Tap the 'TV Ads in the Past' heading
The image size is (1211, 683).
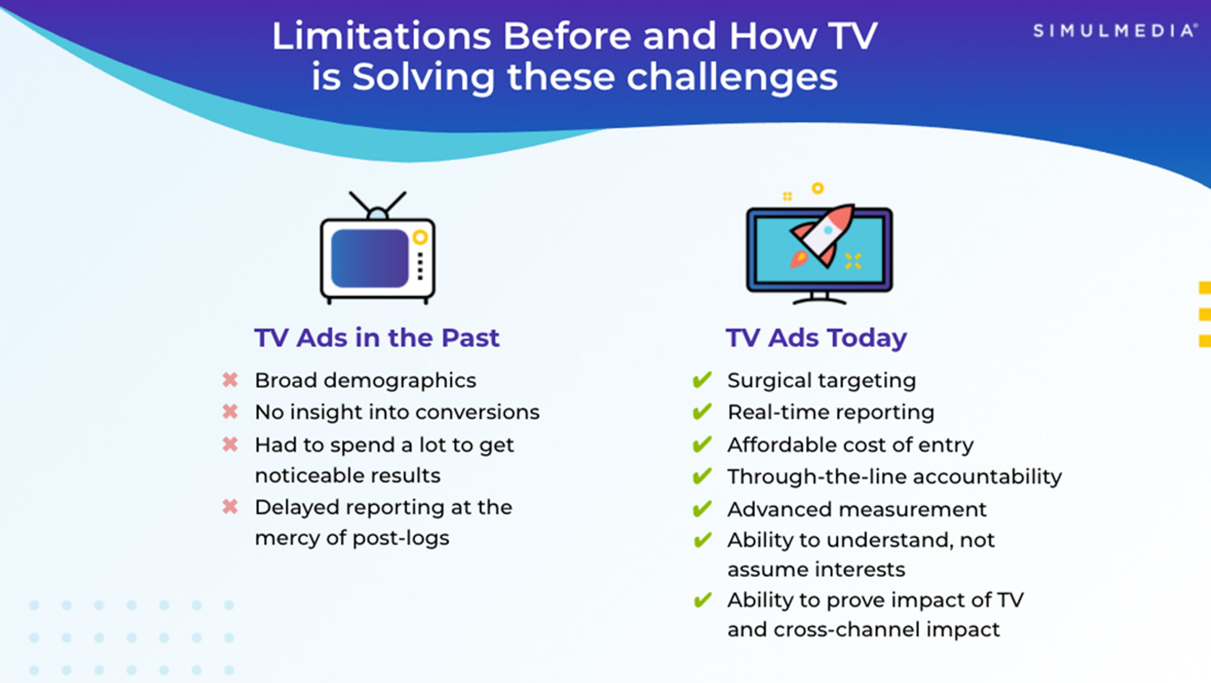pos(377,338)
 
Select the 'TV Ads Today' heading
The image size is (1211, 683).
pos(816,338)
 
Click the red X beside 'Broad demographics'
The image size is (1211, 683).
pos(230,380)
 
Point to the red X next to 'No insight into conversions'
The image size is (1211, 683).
pos(230,412)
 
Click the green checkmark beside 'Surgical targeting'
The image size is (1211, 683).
pos(702,380)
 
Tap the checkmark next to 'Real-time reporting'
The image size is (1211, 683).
pos(702,412)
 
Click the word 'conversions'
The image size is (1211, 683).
pos(478,412)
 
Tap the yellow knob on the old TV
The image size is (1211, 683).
pos(420,237)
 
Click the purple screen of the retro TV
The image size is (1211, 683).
pos(370,258)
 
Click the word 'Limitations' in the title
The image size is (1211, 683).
pos(381,36)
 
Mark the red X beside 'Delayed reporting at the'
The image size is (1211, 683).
pos(230,507)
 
